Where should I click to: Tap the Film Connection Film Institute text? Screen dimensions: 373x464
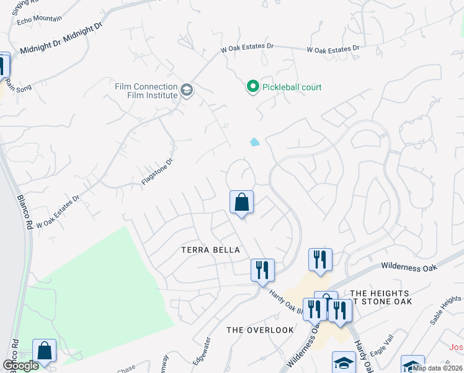tap(146, 91)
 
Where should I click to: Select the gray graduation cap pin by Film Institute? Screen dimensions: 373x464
tap(186, 91)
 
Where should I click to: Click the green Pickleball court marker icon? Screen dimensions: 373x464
tap(252, 87)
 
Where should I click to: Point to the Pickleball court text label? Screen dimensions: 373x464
tap(292, 87)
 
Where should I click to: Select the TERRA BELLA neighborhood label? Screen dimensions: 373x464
tap(210, 250)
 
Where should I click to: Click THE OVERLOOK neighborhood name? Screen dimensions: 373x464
tap(260, 329)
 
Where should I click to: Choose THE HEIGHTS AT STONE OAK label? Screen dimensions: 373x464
tap(380, 297)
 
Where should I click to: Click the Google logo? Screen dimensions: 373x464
tap(20, 365)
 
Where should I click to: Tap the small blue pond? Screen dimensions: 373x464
tap(255, 142)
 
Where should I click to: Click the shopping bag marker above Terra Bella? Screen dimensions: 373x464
tap(241, 202)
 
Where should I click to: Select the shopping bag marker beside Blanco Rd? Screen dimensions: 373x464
tap(44, 350)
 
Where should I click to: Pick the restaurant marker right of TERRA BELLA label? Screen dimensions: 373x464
tap(262, 270)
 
